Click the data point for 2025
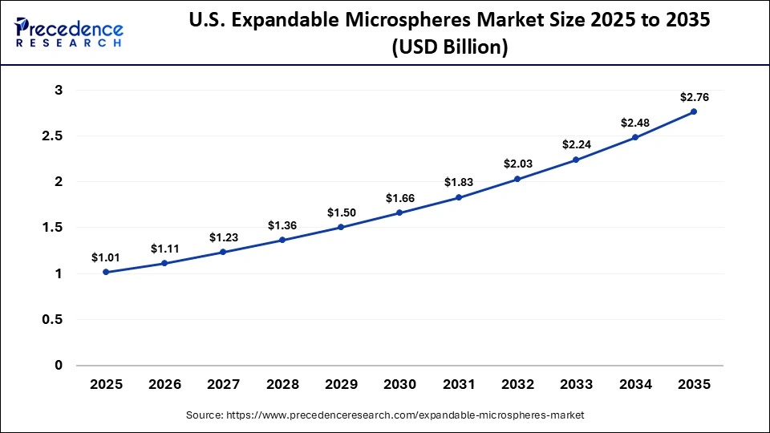(106, 273)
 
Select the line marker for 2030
(399, 212)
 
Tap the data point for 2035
(694, 111)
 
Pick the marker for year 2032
(517, 179)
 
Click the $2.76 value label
(694, 97)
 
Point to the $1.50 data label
(341, 212)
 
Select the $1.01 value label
(106, 257)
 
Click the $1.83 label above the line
(459, 182)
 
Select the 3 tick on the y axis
(58, 91)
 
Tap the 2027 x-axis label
(223, 385)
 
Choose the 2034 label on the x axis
(634, 385)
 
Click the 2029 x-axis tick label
(341, 385)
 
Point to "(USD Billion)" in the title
(449, 48)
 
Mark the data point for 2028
(282, 240)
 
